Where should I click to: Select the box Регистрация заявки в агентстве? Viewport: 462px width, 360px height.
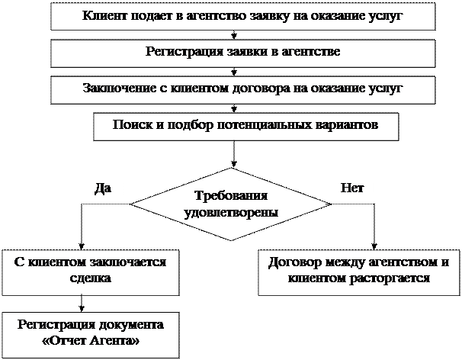[243, 53]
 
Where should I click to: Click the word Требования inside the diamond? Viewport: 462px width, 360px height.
[231, 196]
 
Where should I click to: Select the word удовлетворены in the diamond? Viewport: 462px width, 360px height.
[231, 213]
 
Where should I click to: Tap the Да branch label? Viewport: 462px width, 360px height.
[103, 188]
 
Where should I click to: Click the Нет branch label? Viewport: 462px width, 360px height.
[352, 188]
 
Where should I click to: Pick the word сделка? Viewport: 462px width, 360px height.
[91, 278]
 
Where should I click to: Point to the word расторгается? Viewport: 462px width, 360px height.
[390, 278]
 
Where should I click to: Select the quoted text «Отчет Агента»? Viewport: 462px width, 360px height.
[91, 341]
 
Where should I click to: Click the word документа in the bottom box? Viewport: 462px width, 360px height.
[131, 325]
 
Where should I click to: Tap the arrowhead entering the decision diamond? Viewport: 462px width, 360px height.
[234, 164]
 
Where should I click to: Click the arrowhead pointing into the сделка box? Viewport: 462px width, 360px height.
[82, 246]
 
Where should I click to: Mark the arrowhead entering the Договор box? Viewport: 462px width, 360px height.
[374, 246]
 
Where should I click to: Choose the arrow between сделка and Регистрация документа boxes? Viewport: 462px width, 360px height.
[82, 304]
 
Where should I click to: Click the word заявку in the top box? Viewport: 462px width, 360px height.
[270, 16]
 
